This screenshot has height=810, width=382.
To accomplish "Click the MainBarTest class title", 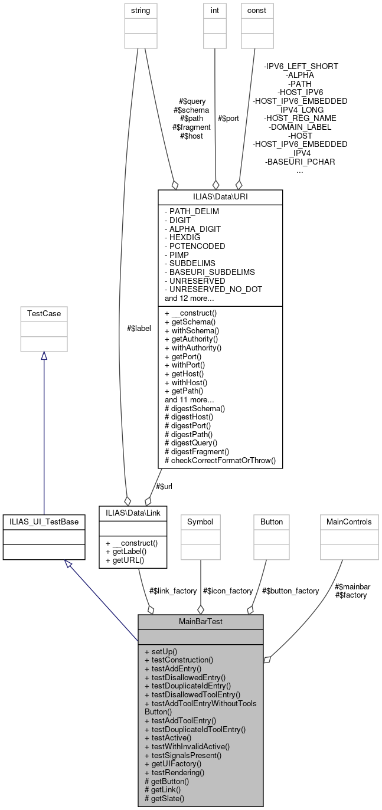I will [x=200, y=622].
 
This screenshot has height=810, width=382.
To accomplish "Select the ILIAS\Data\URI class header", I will [x=220, y=196].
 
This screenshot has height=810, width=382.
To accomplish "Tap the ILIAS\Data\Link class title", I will [x=133, y=514].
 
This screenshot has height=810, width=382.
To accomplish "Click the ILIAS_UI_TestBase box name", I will [x=44, y=522].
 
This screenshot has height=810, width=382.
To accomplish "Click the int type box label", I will [x=214, y=10].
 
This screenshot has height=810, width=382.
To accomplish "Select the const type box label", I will [x=256, y=10].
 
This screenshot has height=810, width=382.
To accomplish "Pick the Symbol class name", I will [x=200, y=522].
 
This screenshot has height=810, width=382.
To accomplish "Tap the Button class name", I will [x=272, y=522].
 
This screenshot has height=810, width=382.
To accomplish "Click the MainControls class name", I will [x=349, y=522].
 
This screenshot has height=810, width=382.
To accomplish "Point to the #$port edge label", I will [x=228, y=118].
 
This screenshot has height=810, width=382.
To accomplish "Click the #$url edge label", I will [x=164, y=486].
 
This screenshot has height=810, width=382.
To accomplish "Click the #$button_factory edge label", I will [x=290, y=591].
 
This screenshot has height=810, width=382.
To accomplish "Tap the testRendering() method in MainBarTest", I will [x=174, y=772].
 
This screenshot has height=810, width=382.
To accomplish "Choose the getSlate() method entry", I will [x=164, y=798].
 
